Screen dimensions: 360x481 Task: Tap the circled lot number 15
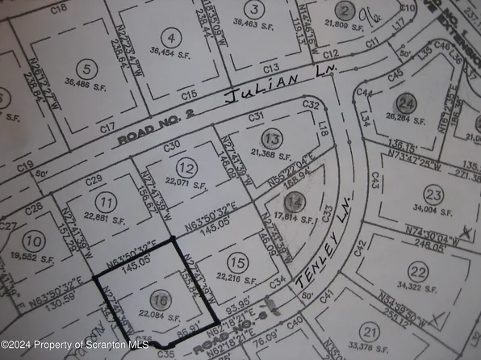click(x=236, y=263)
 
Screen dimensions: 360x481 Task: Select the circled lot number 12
click(x=186, y=169)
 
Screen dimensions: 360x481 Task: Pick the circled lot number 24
click(x=406, y=104)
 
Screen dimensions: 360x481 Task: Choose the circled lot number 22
click(x=417, y=271)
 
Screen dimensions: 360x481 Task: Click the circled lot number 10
click(x=33, y=240)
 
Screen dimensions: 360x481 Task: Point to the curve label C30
click(x=170, y=146)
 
